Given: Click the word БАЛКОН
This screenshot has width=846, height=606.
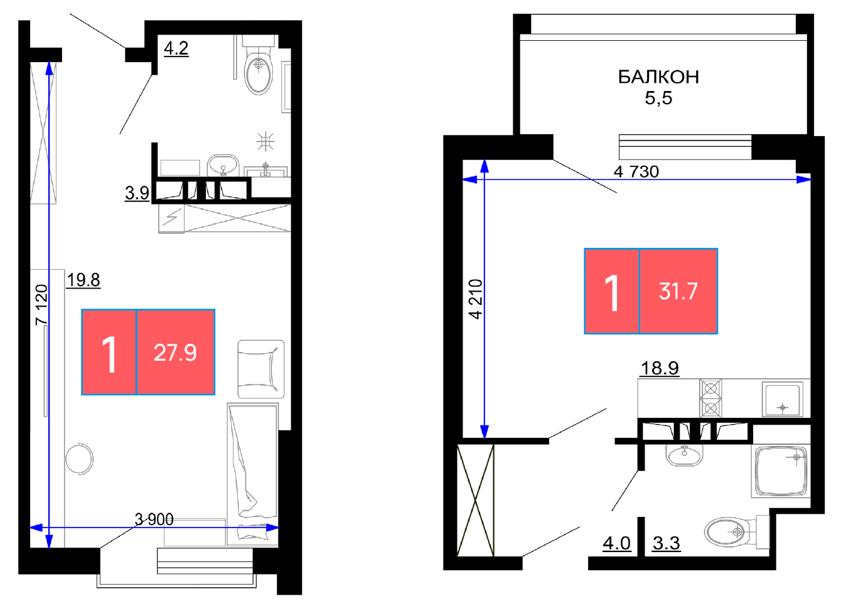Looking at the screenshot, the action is (x=658, y=77).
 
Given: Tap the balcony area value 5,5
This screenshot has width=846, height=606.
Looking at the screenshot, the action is (x=658, y=98).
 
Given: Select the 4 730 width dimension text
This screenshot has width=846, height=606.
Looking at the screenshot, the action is (x=636, y=172).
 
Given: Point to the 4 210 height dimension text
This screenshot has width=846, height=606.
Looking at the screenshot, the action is (x=476, y=299).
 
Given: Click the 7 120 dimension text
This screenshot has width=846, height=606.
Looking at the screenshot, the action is (x=41, y=305).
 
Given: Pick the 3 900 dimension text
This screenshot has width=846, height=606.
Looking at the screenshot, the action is (x=154, y=519).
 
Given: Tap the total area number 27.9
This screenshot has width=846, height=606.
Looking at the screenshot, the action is (x=175, y=353).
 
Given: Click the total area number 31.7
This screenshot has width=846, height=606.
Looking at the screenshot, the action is (x=678, y=292).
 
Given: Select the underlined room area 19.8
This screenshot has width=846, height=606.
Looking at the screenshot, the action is (x=83, y=280).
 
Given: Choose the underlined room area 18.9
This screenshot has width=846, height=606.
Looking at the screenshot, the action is (x=660, y=368).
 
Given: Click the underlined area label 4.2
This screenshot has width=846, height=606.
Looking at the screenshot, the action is (x=176, y=49).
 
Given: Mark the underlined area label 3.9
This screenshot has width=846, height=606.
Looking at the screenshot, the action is (x=137, y=193).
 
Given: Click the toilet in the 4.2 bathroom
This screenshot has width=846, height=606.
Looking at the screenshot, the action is (x=259, y=65).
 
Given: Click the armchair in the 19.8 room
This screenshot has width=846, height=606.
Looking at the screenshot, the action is (x=261, y=369).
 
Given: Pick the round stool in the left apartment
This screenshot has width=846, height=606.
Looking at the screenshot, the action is (x=79, y=459).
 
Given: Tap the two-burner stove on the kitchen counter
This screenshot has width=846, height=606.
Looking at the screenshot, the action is (x=710, y=398).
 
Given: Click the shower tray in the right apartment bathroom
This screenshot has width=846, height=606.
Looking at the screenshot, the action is (x=781, y=471).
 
